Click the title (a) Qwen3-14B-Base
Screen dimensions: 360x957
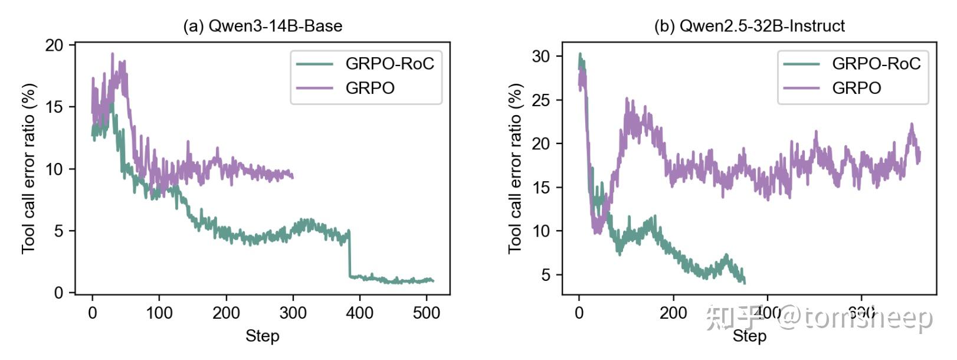[263, 26]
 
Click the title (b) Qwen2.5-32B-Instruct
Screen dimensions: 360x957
[749, 26]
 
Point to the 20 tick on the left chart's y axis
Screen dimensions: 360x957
[55, 45]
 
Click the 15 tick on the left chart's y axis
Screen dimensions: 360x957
[55, 107]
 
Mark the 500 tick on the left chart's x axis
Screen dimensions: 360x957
[427, 313]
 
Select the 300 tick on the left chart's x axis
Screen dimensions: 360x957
[293, 313]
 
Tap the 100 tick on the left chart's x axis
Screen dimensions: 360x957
[159, 313]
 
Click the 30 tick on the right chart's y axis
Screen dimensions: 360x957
[541, 57]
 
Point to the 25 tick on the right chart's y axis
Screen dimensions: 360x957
[541, 100]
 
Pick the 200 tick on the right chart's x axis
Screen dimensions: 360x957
[673, 313]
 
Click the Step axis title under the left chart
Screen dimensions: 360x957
[263, 336]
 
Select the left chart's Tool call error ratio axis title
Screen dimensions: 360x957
[29, 169]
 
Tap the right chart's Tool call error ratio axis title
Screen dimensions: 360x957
[515, 169]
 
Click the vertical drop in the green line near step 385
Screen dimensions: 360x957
[350, 254]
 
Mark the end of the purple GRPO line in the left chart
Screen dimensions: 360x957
[293, 176]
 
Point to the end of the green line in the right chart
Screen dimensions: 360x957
[745, 283]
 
